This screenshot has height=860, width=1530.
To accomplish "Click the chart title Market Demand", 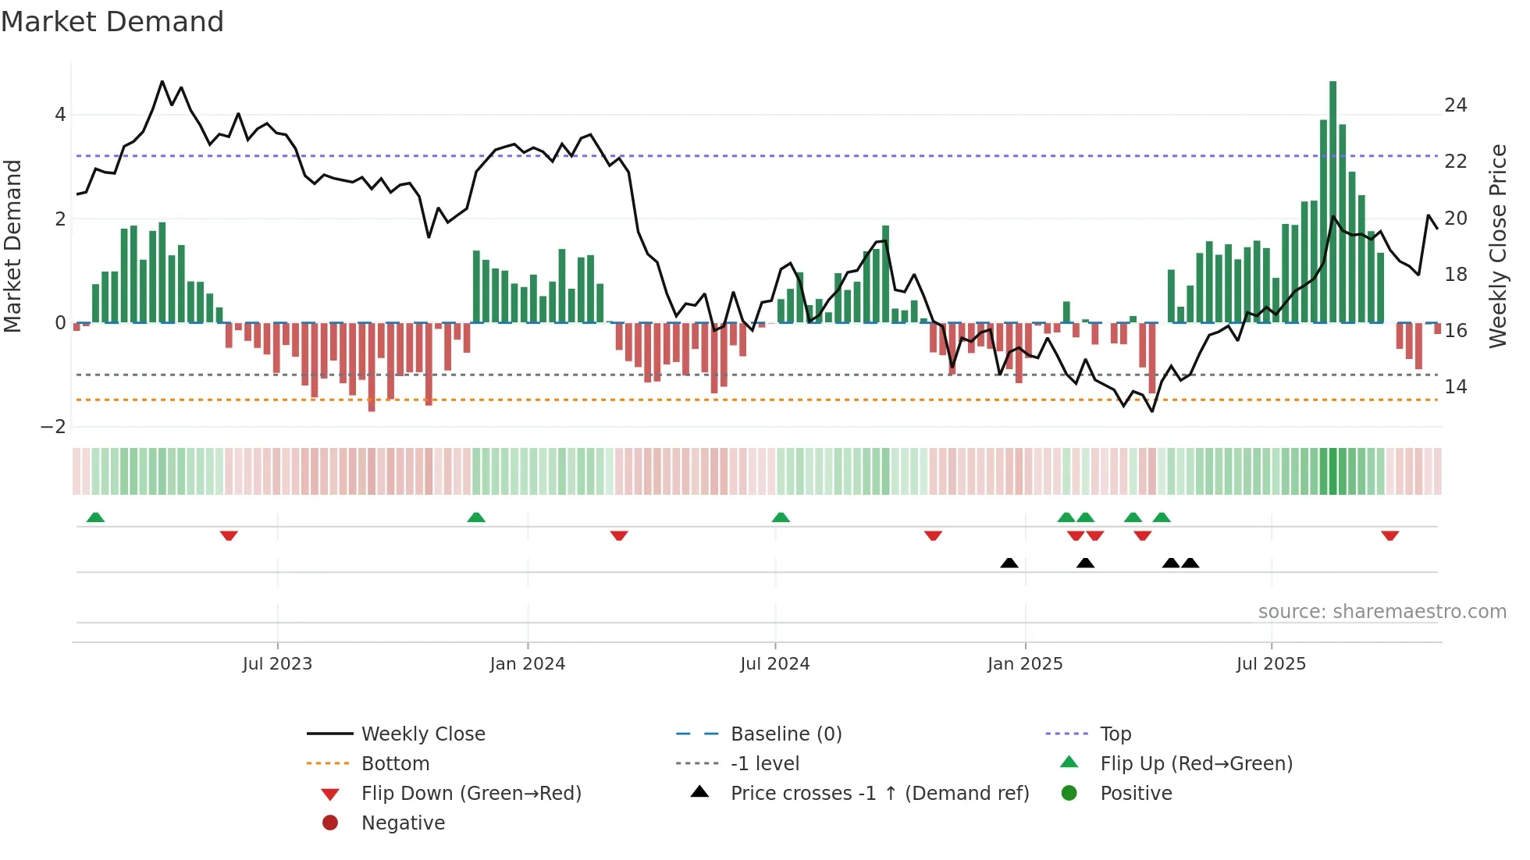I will click(112, 22).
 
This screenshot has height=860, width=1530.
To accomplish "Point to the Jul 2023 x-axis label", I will click(277, 664).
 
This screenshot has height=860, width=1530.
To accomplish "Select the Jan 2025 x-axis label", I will click(1024, 664).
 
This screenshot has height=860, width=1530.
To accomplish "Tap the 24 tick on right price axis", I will click(1455, 105).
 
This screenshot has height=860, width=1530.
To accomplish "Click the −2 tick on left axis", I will click(53, 427).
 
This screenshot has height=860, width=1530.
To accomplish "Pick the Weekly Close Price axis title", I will click(1497, 246).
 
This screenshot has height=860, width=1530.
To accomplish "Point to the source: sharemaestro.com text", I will click(1382, 612).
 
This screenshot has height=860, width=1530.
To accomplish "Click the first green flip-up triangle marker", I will click(95, 517).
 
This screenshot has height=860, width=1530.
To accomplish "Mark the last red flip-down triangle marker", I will click(1389, 535).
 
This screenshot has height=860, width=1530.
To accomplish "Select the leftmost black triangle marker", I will click(1009, 563).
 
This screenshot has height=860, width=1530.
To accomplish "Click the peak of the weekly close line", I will click(162, 81).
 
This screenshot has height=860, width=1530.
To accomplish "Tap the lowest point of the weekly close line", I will click(1152, 411).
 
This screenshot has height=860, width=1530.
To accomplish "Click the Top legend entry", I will click(1115, 734).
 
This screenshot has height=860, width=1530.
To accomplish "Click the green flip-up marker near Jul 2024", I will click(781, 517).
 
